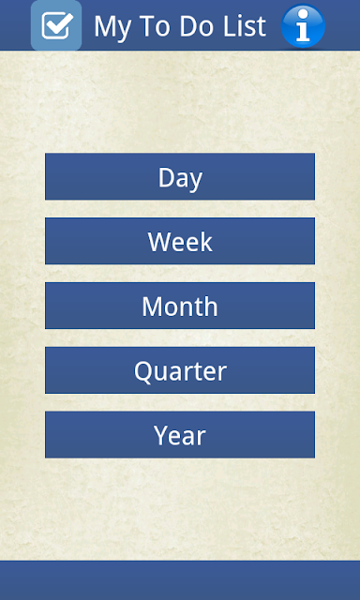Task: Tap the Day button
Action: [180, 176]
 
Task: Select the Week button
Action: [180, 241]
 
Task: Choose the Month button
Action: [180, 306]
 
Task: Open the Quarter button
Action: [180, 370]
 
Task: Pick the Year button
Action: [180, 435]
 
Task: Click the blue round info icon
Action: [303, 25]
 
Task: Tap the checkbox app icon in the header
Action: [56, 25]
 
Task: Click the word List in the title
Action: [245, 26]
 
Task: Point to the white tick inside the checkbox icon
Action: [60, 23]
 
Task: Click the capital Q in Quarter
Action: [143, 371]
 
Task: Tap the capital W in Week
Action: [161, 242]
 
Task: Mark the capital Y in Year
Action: [161, 435]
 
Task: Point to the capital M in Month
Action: [153, 307]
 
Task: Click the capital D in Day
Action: [168, 177]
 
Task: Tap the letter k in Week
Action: [207, 241]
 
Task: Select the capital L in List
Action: [230, 27]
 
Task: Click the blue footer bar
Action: [180, 580]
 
